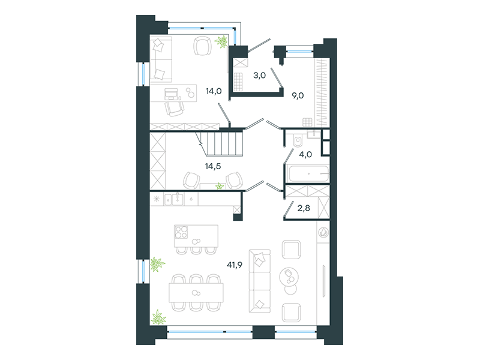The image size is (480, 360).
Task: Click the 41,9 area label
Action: [235, 265]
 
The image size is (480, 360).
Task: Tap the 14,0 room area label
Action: [214, 91]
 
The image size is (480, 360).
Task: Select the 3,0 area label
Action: [259, 76]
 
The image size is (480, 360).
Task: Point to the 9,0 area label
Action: [298, 96]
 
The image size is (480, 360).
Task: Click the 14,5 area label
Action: [213, 167]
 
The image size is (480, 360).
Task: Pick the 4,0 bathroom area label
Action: [305, 155]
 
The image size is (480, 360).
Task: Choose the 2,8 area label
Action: [304, 208]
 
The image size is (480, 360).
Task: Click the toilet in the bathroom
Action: [298, 140]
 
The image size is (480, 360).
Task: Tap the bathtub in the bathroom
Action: [308, 174]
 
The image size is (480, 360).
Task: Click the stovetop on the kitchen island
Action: [181, 232]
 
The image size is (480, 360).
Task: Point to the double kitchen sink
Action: [173, 199]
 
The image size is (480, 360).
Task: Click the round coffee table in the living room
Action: [289, 277]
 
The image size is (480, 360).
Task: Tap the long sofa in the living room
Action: [260, 281]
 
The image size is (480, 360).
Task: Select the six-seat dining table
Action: [196, 293]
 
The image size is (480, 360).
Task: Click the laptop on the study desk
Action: [171, 94]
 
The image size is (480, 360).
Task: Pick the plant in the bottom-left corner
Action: [158, 317]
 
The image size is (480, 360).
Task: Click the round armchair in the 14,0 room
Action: [202, 46]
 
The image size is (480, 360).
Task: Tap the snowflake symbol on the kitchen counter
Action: [157, 199]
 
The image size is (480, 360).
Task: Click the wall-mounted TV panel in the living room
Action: [323, 281]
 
